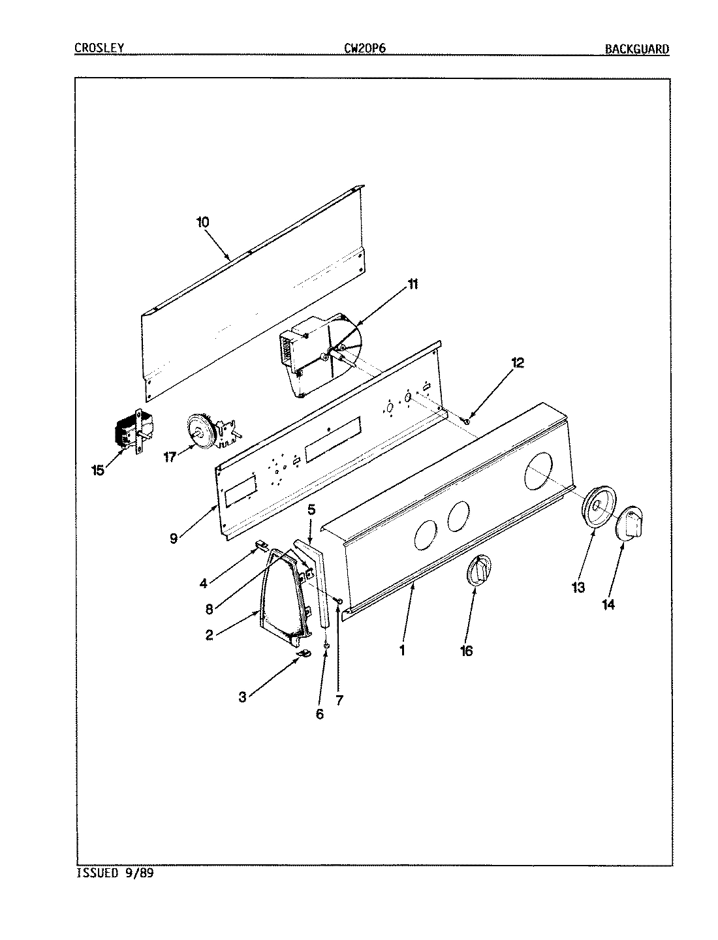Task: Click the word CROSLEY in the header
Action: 99,48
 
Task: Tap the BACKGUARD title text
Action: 636,48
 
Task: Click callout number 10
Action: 202,222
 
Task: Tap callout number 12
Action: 517,364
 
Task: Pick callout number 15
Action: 98,470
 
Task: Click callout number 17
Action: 170,457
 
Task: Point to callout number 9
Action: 173,539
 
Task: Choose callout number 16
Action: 466,651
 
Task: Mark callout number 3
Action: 242,697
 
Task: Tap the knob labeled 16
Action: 479,571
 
